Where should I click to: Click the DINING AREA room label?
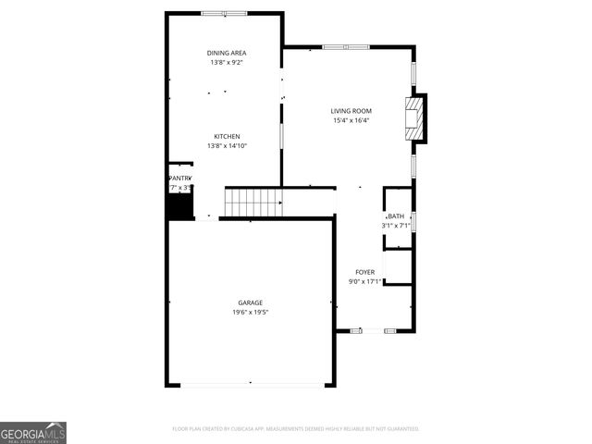coord(227,53)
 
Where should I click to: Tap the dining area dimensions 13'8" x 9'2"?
coord(227,63)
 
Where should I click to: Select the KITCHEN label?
coord(227,136)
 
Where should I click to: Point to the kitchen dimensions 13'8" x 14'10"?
coord(227,146)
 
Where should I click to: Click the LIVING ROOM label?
coord(351,111)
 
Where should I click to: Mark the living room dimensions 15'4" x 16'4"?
coord(351,120)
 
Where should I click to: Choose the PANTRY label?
coord(179,178)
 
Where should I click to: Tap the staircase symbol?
coord(253,200)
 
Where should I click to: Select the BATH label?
coord(396,216)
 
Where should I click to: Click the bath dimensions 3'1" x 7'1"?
coord(396,226)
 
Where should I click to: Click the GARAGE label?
coord(250,302)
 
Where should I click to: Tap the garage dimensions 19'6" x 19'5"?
coord(250,313)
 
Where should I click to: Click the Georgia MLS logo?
coord(33,432)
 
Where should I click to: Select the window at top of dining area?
coord(225,13)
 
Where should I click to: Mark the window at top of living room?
coord(346,46)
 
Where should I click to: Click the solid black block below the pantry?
coord(179,206)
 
